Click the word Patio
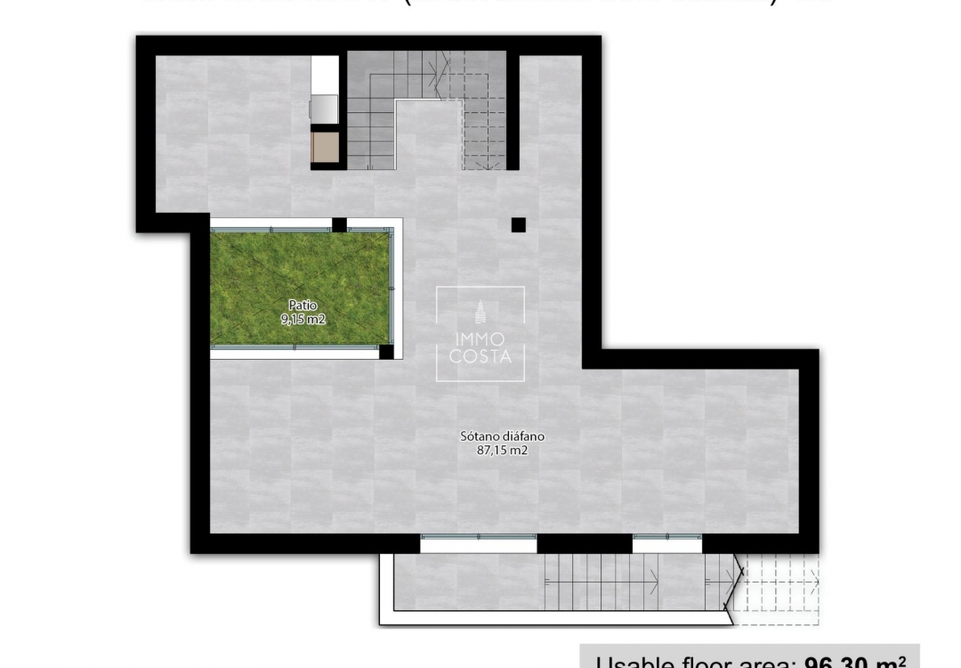click(300, 305)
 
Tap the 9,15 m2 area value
click(300, 317)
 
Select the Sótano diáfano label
click(502, 437)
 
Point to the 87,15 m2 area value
click(502, 451)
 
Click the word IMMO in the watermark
click(480, 340)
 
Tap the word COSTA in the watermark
click(480, 358)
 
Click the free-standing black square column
click(518, 225)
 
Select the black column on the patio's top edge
click(339, 224)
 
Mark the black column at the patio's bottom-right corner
click(386, 352)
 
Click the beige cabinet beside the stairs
click(325, 147)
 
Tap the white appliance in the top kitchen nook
click(325, 74)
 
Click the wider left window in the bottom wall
click(479, 537)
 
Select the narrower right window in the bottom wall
click(667, 537)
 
